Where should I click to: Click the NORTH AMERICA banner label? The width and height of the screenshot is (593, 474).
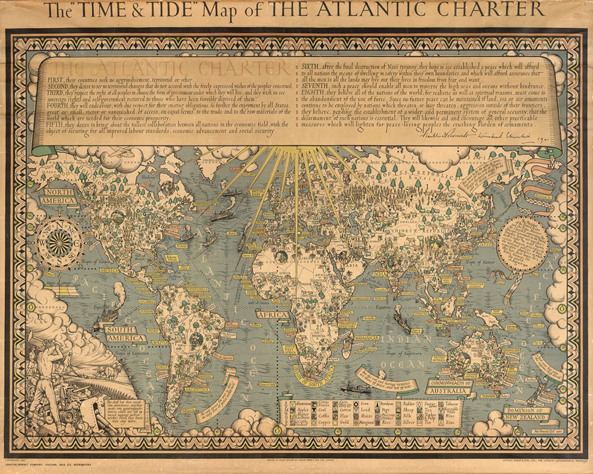click(57, 196)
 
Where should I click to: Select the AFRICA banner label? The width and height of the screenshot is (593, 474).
click(272, 315)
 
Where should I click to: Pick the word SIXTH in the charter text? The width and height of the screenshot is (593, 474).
click(311, 66)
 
